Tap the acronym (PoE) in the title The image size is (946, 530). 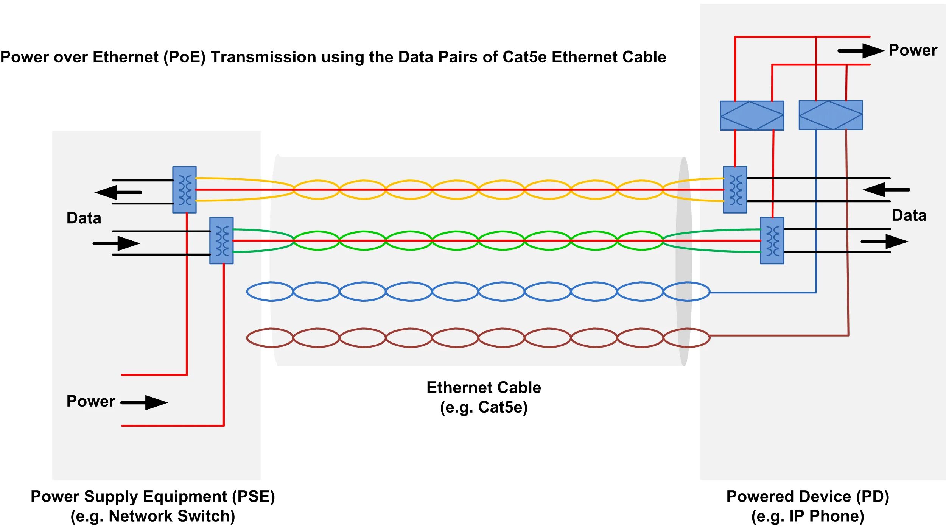coord(184,57)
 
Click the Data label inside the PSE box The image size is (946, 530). coord(84,218)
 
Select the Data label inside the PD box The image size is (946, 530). coord(909,215)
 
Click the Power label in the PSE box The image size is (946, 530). coord(90,401)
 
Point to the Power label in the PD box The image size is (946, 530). coord(913,50)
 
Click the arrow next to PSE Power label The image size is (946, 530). coord(145,402)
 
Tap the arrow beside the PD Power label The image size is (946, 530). coord(860,51)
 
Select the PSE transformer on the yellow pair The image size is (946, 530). coord(184,190)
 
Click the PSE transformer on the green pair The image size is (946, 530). coord(221,240)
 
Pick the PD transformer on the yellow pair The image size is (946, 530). coord(735,190)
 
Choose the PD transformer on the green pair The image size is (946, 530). coord(772,240)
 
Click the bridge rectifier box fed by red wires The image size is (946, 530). coord(752,115)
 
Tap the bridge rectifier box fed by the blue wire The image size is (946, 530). coord(831,115)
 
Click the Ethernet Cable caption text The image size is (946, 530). coord(484,387)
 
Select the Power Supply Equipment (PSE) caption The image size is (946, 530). coord(152,496)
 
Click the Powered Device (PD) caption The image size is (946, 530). coord(808,496)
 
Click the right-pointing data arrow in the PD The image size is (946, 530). coord(884,242)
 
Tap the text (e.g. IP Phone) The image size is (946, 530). coord(808,516)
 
